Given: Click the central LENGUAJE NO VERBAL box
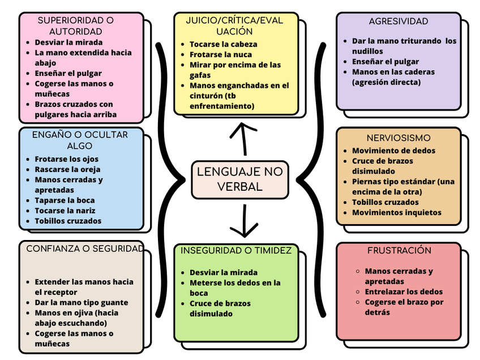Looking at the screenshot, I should (240, 179).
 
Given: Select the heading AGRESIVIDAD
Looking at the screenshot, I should (398, 22).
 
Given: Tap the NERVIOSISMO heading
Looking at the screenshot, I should (398, 138).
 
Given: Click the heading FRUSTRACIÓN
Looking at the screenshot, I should (399, 250).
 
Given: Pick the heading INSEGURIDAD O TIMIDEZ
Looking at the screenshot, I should (236, 250).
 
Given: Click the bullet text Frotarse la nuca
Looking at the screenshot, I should (221, 54).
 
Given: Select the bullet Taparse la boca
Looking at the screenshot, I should (65, 200).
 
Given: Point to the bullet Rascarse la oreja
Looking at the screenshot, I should (67, 169).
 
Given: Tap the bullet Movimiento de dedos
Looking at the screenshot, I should (393, 151).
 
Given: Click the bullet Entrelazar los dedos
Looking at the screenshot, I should (404, 292).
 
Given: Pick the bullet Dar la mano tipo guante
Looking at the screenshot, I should (82, 302).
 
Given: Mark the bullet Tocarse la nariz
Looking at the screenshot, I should (65, 211).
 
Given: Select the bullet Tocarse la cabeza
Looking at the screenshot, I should (223, 44).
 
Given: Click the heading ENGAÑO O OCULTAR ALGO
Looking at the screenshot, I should (80, 140).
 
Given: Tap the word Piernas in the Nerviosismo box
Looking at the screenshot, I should (367, 182).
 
